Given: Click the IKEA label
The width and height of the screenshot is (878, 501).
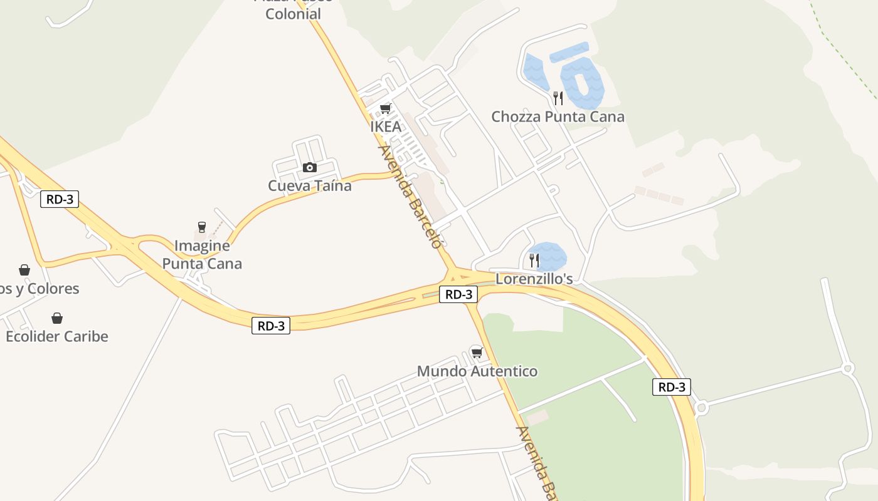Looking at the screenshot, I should click(x=385, y=127).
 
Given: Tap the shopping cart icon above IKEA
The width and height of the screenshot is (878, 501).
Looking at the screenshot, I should click(x=386, y=109).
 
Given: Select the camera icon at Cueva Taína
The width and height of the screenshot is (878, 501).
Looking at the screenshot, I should click(x=309, y=167).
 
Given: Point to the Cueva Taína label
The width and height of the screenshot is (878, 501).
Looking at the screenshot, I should click(x=310, y=186).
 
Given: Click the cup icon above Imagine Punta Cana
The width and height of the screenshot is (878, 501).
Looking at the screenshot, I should click(x=202, y=227).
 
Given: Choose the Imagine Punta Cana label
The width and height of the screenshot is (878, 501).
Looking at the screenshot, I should click(x=202, y=255).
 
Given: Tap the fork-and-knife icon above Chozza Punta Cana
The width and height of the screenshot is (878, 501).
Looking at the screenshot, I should click(x=558, y=98).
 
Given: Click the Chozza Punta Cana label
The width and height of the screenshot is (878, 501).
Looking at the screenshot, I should click(x=558, y=117).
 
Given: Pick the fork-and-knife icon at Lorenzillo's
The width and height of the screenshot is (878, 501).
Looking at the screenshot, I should click(x=534, y=260).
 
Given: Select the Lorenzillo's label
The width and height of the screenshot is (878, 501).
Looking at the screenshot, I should click(x=534, y=279).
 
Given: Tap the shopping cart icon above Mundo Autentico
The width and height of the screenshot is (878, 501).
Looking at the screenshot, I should click(x=477, y=353).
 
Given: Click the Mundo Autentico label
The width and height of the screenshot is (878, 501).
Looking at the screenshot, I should click(x=477, y=371).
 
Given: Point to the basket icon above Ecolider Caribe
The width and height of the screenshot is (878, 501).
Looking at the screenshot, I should click(x=57, y=318).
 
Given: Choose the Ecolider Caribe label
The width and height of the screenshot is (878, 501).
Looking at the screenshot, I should click(x=57, y=336).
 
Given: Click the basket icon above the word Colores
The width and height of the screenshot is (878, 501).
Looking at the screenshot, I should click(x=24, y=270).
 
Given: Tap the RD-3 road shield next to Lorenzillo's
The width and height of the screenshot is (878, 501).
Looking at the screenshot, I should click(x=458, y=294).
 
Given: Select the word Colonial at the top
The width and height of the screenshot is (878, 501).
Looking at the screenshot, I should click(x=293, y=14).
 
